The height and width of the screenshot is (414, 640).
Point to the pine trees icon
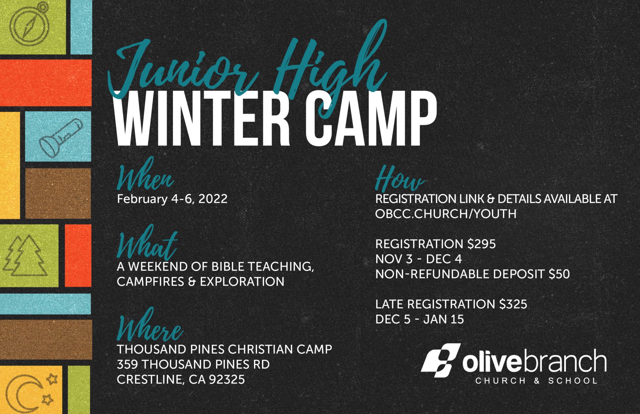click(x=26, y=255)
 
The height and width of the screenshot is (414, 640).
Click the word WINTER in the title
click(x=202, y=118)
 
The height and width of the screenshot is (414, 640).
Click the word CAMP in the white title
click(x=371, y=118)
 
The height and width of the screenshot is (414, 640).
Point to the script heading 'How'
click(x=400, y=178)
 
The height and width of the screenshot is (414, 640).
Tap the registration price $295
click(x=481, y=244)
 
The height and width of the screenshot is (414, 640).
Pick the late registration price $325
click(x=513, y=304)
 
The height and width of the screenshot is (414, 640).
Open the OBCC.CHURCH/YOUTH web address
click(x=446, y=214)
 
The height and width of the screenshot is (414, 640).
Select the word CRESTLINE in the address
click(x=149, y=380)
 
